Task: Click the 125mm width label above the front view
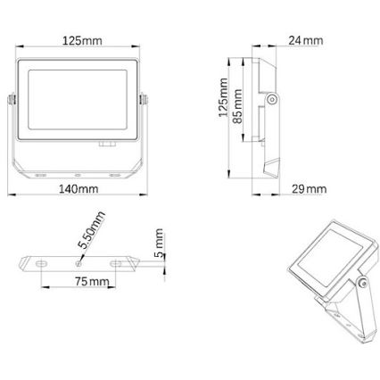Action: coord(81,42)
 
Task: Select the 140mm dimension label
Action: coord(79,189)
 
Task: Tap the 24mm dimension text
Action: coord(306,41)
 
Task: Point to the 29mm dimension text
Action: coord(309,189)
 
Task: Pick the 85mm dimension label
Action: coord(239,104)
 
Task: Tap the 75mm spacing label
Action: coord(92,282)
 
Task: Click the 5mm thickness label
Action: coord(158,241)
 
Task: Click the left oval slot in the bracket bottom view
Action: coord(41,263)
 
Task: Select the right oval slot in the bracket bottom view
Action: coord(120,263)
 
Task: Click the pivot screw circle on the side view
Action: coord(271,102)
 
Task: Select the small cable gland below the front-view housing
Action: coord(107,143)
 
